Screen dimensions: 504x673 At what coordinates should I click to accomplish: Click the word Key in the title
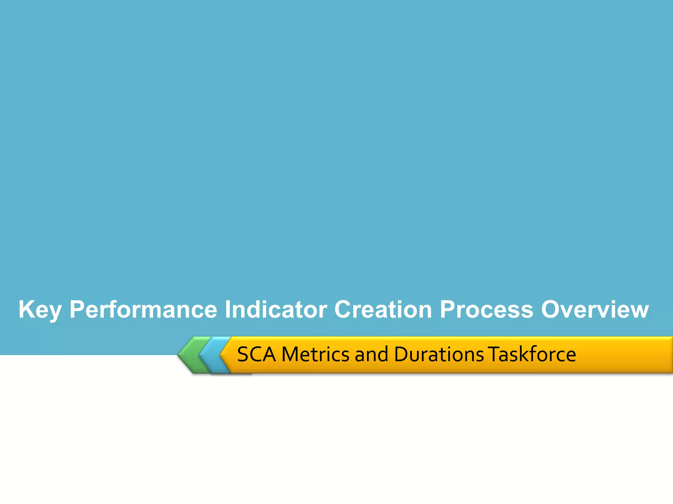[40, 309]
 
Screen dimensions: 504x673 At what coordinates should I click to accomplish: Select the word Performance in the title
[143, 309]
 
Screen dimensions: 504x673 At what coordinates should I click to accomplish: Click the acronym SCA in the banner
[256, 354]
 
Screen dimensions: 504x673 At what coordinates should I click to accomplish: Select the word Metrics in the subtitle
[315, 354]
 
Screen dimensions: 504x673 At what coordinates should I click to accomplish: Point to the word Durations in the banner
[439, 354]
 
